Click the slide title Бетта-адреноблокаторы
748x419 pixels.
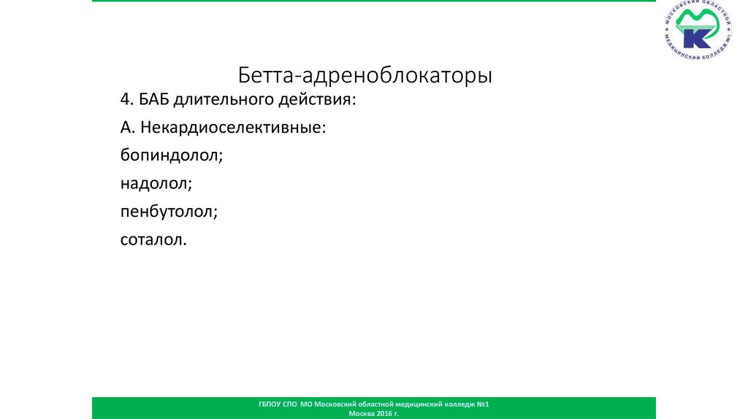365,75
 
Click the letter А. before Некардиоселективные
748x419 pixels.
129,127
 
